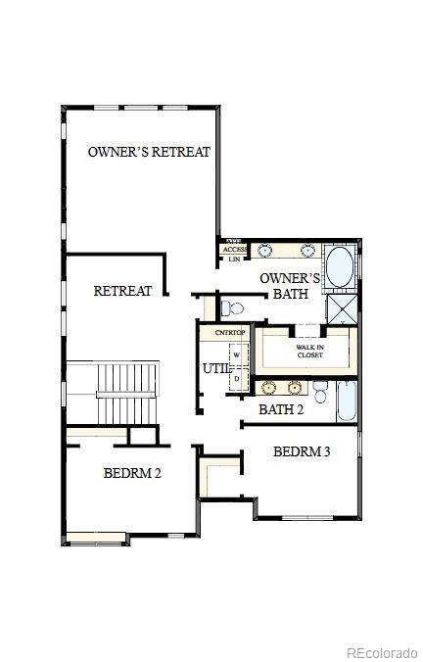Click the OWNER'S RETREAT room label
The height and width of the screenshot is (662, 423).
[149, 152]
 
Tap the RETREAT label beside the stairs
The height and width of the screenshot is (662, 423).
[122, 291]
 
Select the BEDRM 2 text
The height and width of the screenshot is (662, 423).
[132, 473]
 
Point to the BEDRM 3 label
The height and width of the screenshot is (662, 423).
[302, 451]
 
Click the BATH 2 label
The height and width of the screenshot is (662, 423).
[281, 409]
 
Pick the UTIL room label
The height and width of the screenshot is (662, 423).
[214, 368]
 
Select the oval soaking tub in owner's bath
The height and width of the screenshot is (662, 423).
[341, 267]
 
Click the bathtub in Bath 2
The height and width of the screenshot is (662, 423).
[347, 402]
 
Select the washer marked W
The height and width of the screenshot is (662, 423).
[236, 355]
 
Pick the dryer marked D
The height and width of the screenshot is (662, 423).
[236, 377]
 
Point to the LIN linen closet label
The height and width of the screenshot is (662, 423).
[234, 260]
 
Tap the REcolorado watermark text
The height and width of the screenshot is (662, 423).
[383, 652]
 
